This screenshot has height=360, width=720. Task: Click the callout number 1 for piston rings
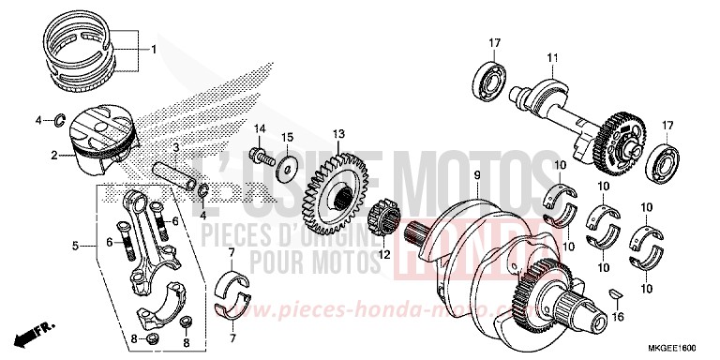click(x=155, y=49)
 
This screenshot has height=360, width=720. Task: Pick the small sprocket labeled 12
click(x=388, y=227)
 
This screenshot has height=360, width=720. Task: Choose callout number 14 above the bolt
click(x=262, y=127)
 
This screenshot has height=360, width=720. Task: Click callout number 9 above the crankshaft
click(x=476, y=175)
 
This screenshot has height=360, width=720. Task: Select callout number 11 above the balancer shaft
click(x=553, y=59)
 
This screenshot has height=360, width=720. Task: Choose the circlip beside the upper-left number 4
click(x=57, y=119)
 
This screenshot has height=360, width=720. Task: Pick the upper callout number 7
click(x=232, y=252)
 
